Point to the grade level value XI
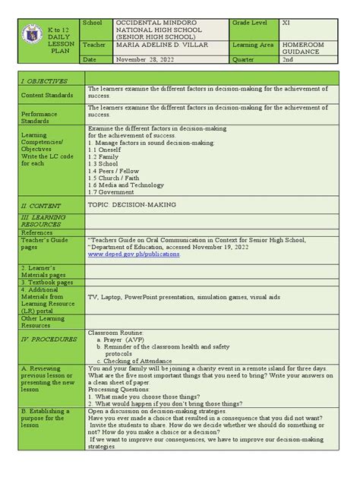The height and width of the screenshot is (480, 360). click(286, 24)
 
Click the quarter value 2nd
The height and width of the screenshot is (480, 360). click(288, 59)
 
